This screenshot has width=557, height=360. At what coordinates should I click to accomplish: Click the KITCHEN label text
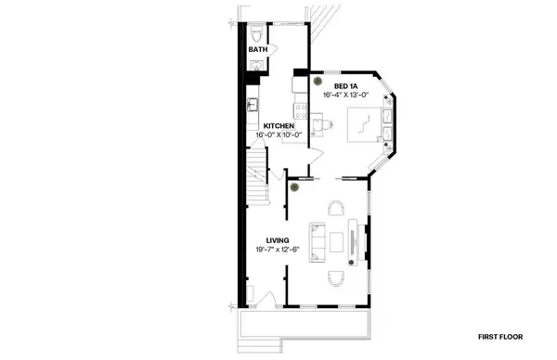(278, 126)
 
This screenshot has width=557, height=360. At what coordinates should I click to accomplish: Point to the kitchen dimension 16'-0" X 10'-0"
(278, 135)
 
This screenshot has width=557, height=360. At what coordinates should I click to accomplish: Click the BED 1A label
(335, 85)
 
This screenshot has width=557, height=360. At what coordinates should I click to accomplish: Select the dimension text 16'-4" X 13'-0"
(343, 95)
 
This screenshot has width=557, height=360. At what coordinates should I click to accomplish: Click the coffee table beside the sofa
(335, 241)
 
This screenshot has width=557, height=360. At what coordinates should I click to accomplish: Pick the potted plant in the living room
(294, 186)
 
